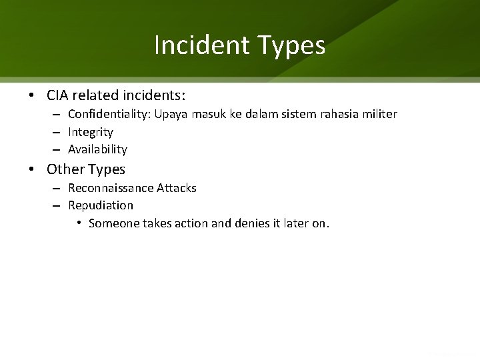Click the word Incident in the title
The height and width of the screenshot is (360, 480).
coord(199,45)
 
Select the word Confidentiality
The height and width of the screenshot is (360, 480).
coord(109,115)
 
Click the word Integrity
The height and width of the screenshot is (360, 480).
coord(91,132)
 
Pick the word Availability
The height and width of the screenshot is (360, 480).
coord(97,149)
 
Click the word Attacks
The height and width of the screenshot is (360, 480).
coord(176,188)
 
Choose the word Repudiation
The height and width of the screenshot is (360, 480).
coord(101,205)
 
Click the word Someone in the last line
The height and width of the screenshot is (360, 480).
coord(113,223)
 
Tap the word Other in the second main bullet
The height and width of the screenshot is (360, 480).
coord(63,169)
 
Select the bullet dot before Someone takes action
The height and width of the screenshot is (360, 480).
coord(79,223)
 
